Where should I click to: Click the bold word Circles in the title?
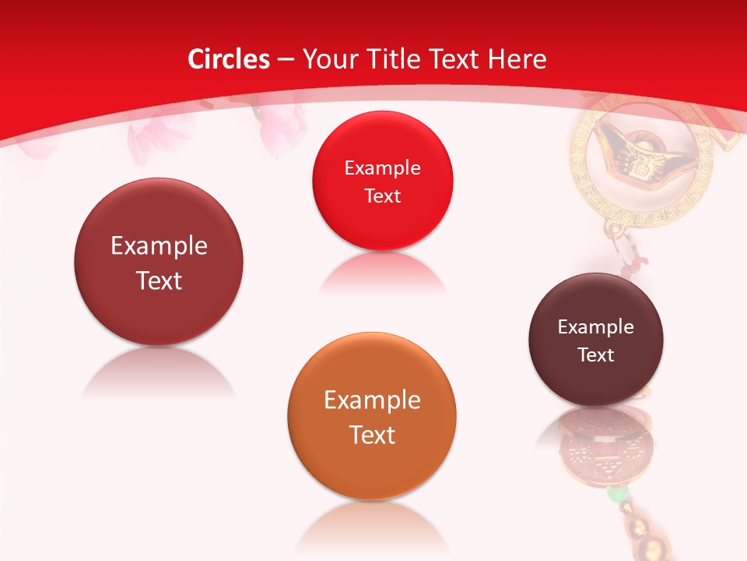click(229, 59)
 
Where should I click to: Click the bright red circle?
click(382, 182)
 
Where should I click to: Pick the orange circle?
click(372, 417)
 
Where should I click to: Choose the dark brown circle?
click(596, 340)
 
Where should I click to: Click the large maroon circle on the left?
click(159, 263)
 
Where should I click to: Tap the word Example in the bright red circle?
click(382, 168)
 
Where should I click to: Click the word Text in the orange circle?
click(372, 435)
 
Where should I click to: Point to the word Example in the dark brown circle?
click(596, 327)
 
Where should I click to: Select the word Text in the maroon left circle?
click(159, 280)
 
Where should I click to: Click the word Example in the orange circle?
click(372, 400)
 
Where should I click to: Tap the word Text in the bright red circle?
click(382, 196)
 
